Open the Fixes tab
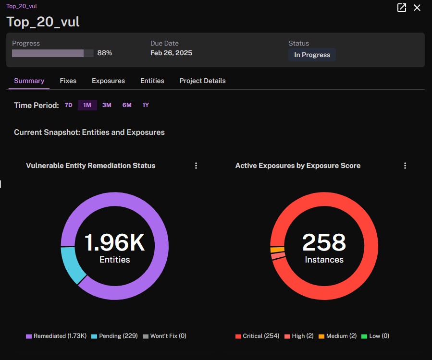coord(68,81)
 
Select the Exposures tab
coord(108,81)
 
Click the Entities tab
coord(152,81)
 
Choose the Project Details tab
coord(202,81)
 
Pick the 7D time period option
coord(68,105)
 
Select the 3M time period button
coord(107,105)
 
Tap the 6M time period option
coord(127,105)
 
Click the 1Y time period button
coord(146,105)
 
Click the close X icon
coord(417,8)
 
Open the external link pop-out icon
coord(402,8)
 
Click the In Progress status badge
coord(312,55)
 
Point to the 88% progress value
coord(105,53)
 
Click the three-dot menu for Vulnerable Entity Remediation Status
coord(196,166)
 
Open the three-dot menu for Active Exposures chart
coord(405,166)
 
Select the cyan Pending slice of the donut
coord(71,264)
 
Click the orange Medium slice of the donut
coord(277,250)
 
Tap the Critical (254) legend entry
coord(258,336)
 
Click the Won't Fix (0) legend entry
coord(164,336)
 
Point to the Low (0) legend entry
coord(375,336)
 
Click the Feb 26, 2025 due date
coord(171,53)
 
